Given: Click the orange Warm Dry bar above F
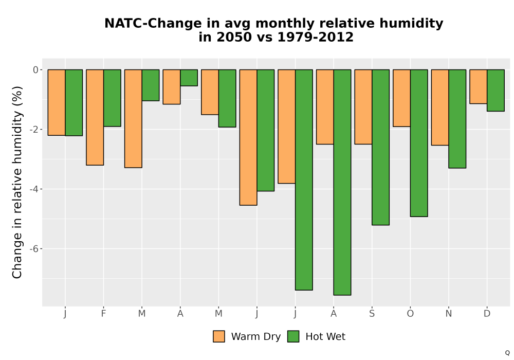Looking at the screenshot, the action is click(x=95, y=117).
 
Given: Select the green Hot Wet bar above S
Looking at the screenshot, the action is click(x=380, y=147).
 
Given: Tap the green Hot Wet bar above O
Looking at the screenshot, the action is click(x=419, y=143).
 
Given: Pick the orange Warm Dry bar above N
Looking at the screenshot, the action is click(x=440, y=107).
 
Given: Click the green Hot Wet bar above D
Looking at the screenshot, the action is click(x=495, y=91).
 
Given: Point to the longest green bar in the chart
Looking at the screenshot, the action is click(x=342, y=182).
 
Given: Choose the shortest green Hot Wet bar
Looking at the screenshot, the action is click(x=189, y=78).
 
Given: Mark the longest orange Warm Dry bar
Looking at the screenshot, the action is click(x=248, y=137).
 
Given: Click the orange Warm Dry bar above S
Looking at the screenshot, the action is click(x=363, y=107).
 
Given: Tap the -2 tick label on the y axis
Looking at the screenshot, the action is click(x=34, y=130).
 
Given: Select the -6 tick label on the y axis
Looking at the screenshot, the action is click(x=34, y=249).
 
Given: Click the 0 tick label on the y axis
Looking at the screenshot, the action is click(x=36, y=70).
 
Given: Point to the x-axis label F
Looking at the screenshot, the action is click(x=104, y=314).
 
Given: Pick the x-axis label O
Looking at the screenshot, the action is click(x=410, y=314).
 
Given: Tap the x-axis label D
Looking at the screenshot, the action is click(x=487, y=314).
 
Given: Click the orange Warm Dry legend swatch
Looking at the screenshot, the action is click(x=219, y=336).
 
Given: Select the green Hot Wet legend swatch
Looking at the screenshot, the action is click(x=293, y=336).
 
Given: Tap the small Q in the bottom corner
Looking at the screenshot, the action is click(x=507, y=353).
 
